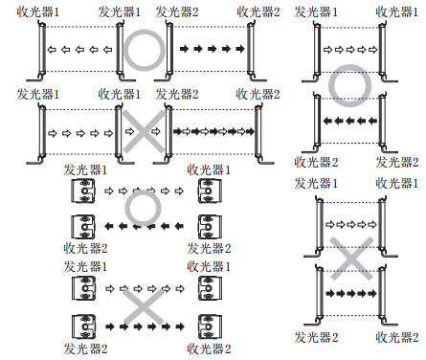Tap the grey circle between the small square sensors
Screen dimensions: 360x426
click(x=143, y=208)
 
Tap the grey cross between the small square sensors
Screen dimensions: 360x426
click(x=143, y=305)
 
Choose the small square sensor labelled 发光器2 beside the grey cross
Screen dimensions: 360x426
click(x=82, y=326)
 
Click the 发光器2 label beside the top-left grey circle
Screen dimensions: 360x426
click(x=178, y=11)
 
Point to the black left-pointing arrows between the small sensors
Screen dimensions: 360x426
click(x=143, y=226)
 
